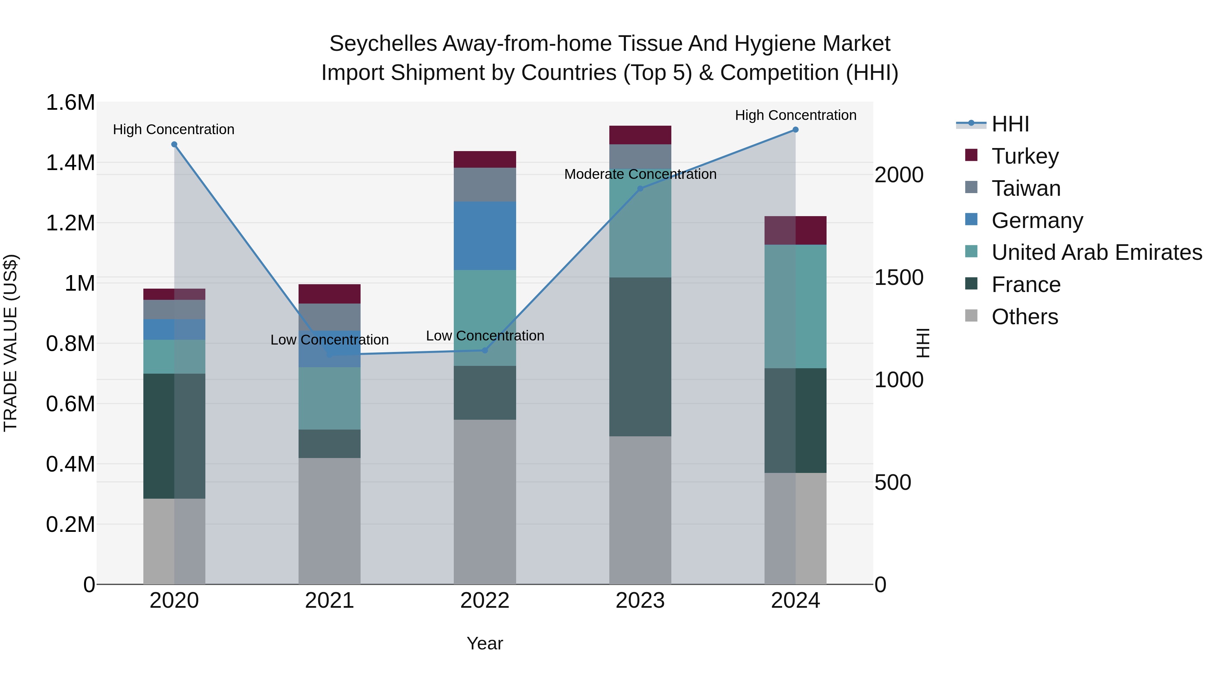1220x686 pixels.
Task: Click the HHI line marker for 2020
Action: (174, 144)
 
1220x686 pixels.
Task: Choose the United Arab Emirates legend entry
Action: (1096, 252)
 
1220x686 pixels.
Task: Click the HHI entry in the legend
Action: (1010, 124)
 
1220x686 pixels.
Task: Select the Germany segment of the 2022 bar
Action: (485, 236)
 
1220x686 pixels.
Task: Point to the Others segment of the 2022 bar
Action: (485, 502)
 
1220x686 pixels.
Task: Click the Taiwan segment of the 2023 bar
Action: (640, 156)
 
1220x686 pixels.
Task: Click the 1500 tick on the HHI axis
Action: (898, 277)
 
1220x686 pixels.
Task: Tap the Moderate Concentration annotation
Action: (640, 174)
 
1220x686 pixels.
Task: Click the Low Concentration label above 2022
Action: (485, 336)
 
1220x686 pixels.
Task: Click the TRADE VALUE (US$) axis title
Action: (11, 343)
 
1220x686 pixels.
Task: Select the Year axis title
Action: (485, 643)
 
